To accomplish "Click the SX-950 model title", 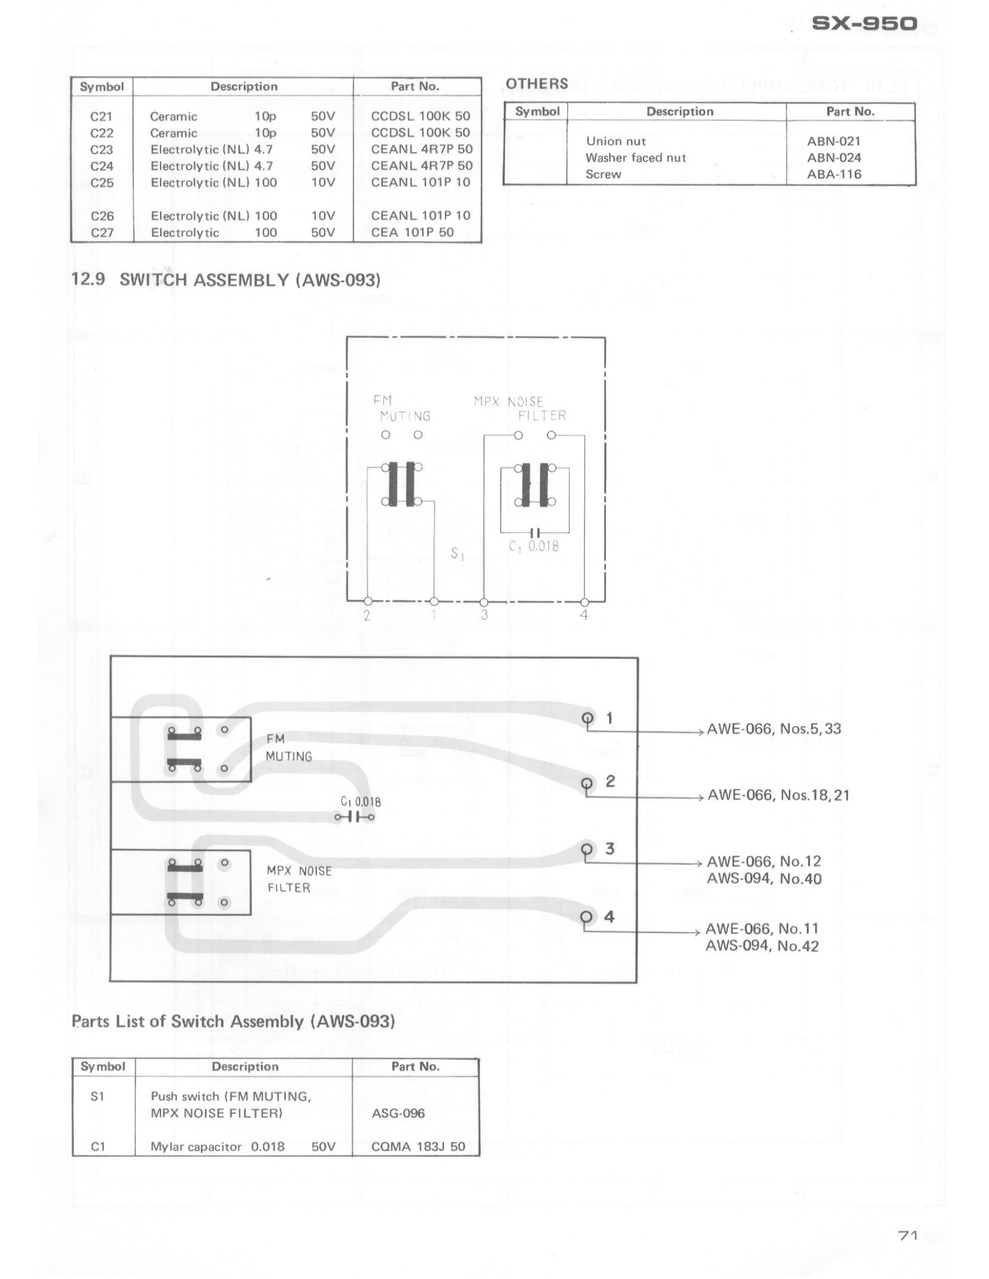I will [x=864, y=24].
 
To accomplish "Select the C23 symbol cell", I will [x=102, y=149].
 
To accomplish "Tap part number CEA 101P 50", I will [x=412, y=233].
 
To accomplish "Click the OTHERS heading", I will [x=537, y=84].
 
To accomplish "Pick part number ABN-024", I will [x=834, y=158].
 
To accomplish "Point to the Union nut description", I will [x=616, y=141].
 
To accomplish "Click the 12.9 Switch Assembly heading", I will [x=226, y=280].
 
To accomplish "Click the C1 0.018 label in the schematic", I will [x=533, y=546].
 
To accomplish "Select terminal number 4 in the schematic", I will [x=584, y=615].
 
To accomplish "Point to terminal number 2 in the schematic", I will [x=367, y=615].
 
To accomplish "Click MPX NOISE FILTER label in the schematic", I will [x=520, y=409].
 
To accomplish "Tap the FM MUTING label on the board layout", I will [x=288, y=748].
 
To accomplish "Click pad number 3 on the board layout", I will [x=587, y=849].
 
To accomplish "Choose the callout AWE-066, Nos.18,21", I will [x=778, y=795].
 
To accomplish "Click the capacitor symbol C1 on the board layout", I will [x=355, y=816].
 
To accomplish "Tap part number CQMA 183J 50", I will [x=418, y=1146].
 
